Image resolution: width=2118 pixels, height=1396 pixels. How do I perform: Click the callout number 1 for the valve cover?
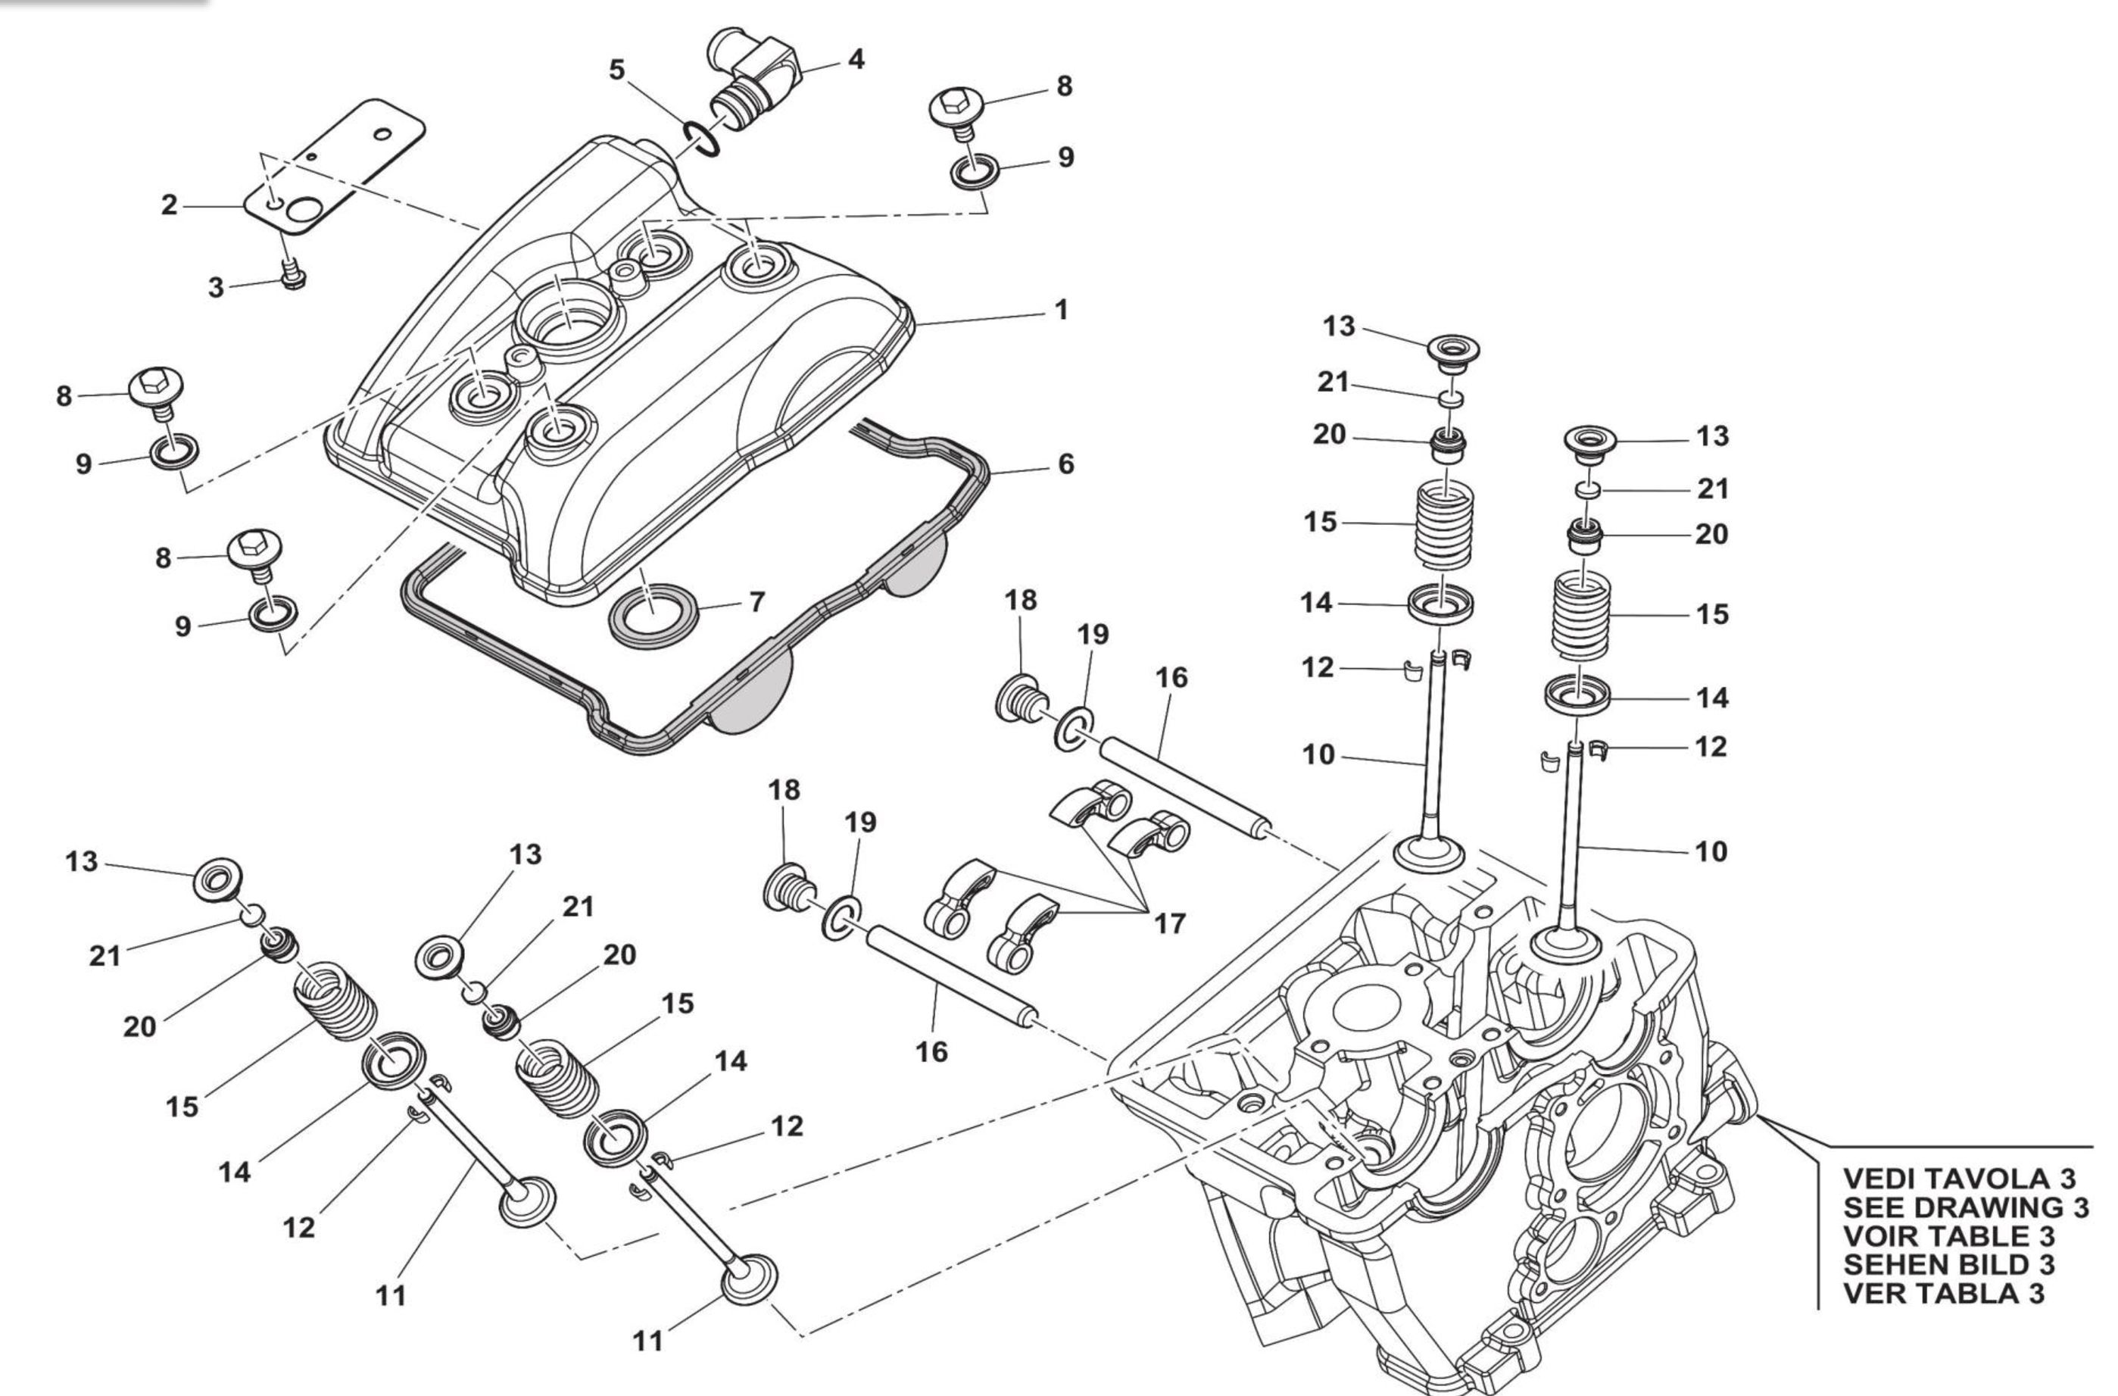point(1060,311)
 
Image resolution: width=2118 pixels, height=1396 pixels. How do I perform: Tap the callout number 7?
point(756,603)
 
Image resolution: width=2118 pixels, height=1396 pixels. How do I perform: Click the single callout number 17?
point(1169,924)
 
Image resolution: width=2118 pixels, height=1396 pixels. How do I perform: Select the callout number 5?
point(616,70)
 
